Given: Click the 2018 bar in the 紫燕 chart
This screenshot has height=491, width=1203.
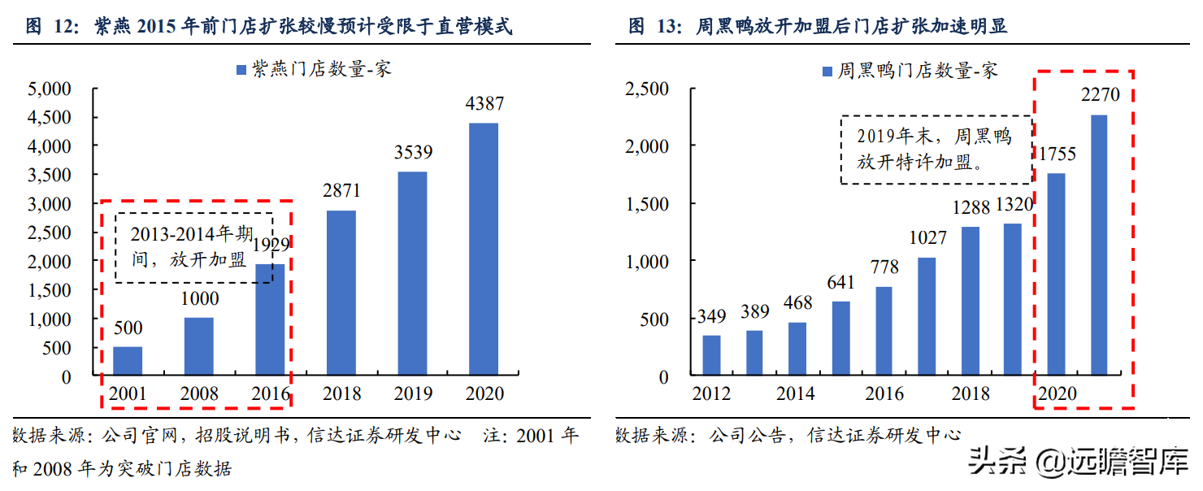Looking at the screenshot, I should pyautogui.click(x=341, y=293).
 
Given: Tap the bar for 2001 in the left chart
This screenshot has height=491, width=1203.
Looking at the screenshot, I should pyautogui.click(x=128, y=362).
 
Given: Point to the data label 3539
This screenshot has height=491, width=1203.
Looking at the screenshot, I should pyautogui.click(x=412, y=152).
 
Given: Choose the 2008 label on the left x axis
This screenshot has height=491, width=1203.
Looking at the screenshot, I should pyautogui.click(x=198, y=394).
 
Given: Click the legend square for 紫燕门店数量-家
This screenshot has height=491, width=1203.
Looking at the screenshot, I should pyautogui.click(x=241, y=70).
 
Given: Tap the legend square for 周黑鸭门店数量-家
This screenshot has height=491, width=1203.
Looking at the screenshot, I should pyautogui.click(x=827, y=72).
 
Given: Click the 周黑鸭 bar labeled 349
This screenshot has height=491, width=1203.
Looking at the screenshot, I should pyautogui.click(x=711, y=356).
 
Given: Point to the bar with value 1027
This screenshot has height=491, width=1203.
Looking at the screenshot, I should pyautogui.click(x=927, y=317).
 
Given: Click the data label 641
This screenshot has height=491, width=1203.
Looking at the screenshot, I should pyautogui.click(x=840, y=283).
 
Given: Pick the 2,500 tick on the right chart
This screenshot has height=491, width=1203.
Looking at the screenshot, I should pyautogui.click(x=646, y=88).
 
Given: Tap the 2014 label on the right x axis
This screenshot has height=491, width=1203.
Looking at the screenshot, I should pyautogui.click(x=795, y=394).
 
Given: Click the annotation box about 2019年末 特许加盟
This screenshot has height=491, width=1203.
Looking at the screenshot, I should pyautogui.click(x=935, y=149).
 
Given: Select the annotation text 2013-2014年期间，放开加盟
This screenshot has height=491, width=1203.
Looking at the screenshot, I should pyautogui.click(x=194, y=248).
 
